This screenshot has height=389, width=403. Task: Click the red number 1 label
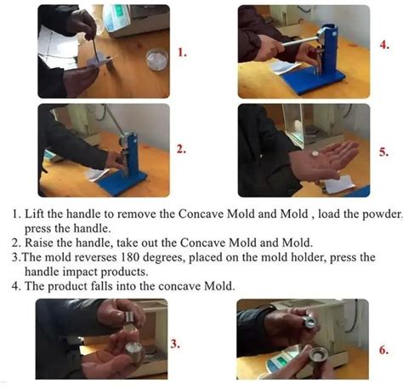click(x=181, y=52)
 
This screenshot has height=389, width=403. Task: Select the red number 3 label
click(x=175, y=344)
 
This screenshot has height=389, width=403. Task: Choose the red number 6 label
click(x=384, y=349)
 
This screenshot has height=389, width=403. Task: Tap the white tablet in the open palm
click(x=314, y=154)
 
